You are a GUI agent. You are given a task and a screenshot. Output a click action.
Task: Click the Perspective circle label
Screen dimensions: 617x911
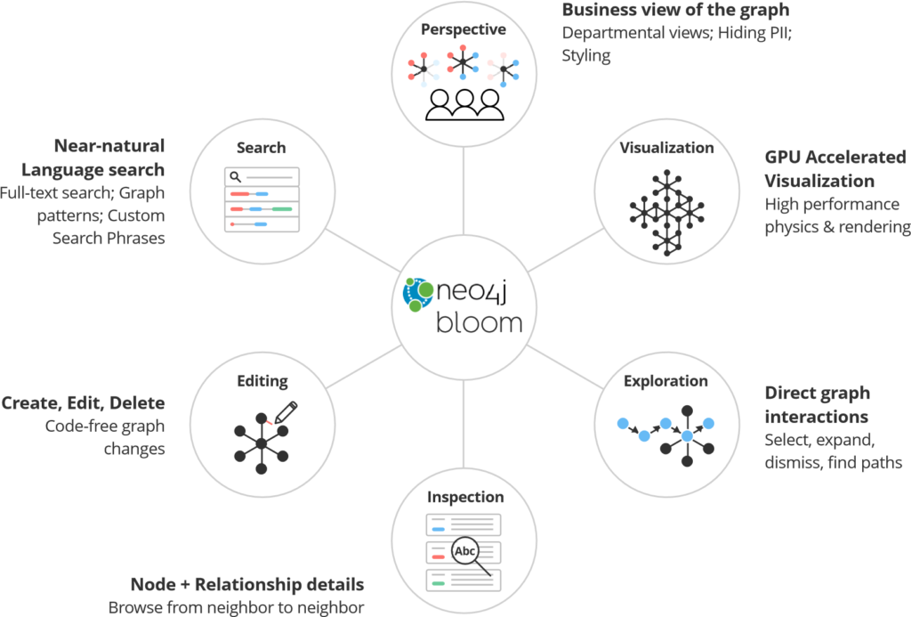tap(464, 29)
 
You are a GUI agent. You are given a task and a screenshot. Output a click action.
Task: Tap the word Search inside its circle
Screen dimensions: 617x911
tap(261, 147)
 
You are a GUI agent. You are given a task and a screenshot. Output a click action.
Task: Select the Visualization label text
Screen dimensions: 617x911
tap(666, 147)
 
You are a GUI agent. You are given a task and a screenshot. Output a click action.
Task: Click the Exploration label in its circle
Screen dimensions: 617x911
tap(665, 381)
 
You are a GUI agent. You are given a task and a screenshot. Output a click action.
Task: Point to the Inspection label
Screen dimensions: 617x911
tap(465, 497)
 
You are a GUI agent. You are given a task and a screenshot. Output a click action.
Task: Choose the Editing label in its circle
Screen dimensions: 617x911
tap(262, 381)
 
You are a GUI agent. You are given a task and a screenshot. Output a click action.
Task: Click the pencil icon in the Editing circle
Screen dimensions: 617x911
tap(286, 412)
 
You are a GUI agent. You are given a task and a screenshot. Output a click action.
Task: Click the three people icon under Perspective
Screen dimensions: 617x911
tap(464, 104)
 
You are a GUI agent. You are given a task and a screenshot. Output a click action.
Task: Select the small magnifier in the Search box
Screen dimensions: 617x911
tap(236, 177)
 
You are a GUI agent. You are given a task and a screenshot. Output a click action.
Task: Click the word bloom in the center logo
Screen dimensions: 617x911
tap(480, 321)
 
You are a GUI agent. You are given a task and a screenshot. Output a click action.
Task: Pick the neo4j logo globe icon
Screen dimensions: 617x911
tap(416, 295)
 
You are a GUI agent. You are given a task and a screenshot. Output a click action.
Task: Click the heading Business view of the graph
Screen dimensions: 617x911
tap(675, 11)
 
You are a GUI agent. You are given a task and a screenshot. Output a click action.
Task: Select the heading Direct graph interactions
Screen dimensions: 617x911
tap(818, 405)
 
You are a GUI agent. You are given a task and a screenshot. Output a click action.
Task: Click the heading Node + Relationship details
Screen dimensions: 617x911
tap(247, 586)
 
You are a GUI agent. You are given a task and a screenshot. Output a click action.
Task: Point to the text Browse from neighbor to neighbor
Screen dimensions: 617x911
tap(237, 607)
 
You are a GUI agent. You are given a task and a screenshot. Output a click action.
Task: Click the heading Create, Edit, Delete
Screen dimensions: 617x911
tap(83, 403)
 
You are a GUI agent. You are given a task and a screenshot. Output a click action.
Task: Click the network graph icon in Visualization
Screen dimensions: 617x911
tap(667, 208)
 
